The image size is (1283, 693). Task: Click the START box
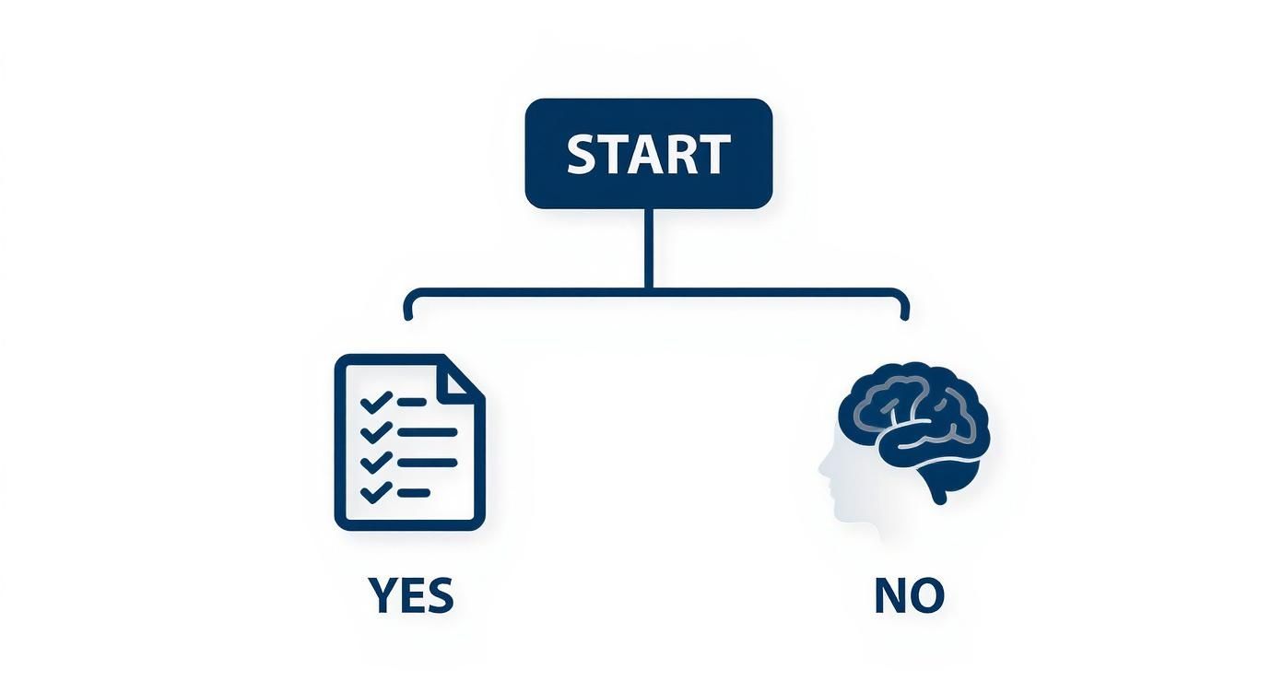(x=648, y=154)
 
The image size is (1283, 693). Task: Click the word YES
(x=411, y=595)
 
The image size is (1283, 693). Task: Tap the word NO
(x=909, y=595)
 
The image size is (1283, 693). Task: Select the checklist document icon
(x=409, y=442)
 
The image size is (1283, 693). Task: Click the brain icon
(x=914, y=430)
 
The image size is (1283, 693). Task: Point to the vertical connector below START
(x=648, y=249)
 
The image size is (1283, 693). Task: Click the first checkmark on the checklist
(x=376, y=402)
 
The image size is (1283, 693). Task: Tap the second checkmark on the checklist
(x=376, y=432)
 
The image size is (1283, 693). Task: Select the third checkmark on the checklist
(x=376, y=463)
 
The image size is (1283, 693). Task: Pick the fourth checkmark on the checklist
(x=376, y=492)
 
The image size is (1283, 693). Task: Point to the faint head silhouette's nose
(x=821, y=467)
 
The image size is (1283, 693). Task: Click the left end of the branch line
(x=407, y=317)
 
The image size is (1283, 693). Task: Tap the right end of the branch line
(x=904, y=317)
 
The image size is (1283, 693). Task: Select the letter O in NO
(x=926, y=595)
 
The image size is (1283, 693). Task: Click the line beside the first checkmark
(x=412, y=402)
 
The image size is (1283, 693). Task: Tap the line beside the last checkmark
(x=414, y=492)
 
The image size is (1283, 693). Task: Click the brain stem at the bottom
(x=938, y=491)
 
